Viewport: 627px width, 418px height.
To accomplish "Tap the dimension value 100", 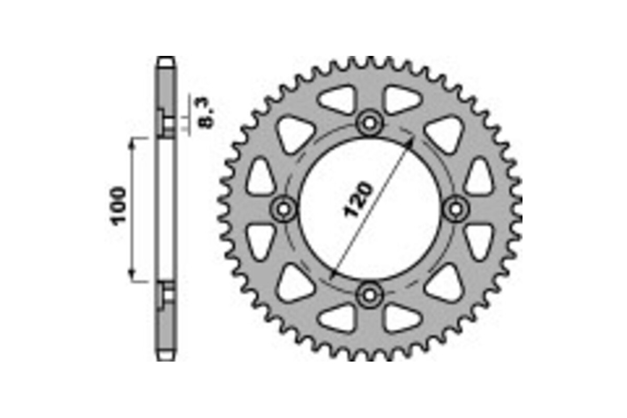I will pyautogui.click(x=120, y=204).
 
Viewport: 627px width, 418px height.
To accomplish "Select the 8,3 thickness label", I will pyautogui.click(x=207, y=114).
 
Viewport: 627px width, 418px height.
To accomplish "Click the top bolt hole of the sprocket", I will pyautogui.click(x=370, y=124).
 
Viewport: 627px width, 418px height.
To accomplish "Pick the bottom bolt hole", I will pyautogui.click(x=370, y=295).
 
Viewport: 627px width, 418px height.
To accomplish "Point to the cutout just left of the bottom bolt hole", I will pyautogui.click(x=338, y=318).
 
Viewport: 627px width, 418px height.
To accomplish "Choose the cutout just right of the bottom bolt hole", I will pyautogui.click(x=401, y=318).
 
